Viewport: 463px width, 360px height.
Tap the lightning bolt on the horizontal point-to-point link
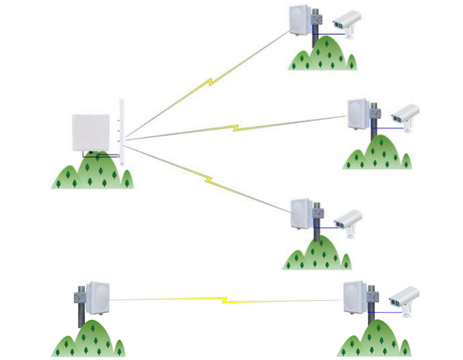tap(224, 300)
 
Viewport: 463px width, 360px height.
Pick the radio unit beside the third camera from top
tap(303, 214)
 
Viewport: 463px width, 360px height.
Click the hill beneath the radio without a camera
tap(88, 342)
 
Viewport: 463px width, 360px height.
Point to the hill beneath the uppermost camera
tap(323, 56)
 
